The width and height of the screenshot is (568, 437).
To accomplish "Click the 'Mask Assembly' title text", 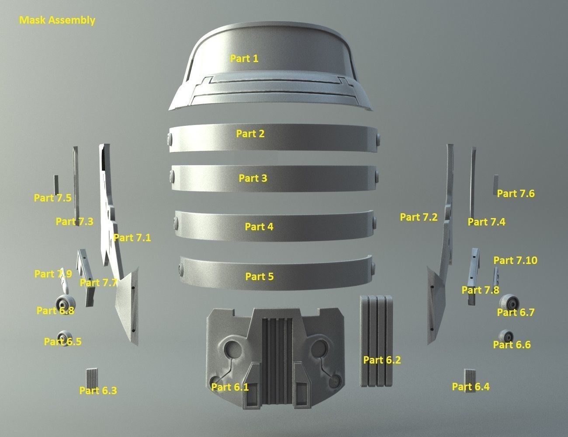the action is [x=57, y=20].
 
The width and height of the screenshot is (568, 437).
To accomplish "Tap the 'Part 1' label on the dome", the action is [x=244, y=58].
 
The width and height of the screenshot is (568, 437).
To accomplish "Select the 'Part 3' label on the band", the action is [x=253, y=178].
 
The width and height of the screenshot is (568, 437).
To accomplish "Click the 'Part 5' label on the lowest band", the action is [x=259, y=276].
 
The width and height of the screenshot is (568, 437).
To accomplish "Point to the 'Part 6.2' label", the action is [x=382, y=360].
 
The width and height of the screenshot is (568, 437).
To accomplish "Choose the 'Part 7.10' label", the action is [x=515, y=260].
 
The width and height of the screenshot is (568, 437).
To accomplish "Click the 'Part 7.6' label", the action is [x=516, y=194].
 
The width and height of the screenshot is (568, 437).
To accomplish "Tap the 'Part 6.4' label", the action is [x=471, y=386].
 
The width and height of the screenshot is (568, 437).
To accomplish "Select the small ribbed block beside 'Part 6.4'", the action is [x=469, y=376].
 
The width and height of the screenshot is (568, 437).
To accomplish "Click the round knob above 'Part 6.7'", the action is [x=509, y=303].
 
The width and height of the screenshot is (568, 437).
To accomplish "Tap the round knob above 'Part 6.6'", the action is [x=506, y=336].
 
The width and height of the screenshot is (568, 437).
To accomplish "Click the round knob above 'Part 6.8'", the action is [x=66, y=304].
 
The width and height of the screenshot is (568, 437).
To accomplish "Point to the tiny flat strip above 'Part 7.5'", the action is [x=56, y=184].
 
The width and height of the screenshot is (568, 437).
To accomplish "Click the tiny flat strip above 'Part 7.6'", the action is [x=495, y=184].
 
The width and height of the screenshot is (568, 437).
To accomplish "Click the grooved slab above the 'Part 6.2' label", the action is [x=376, y=341].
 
